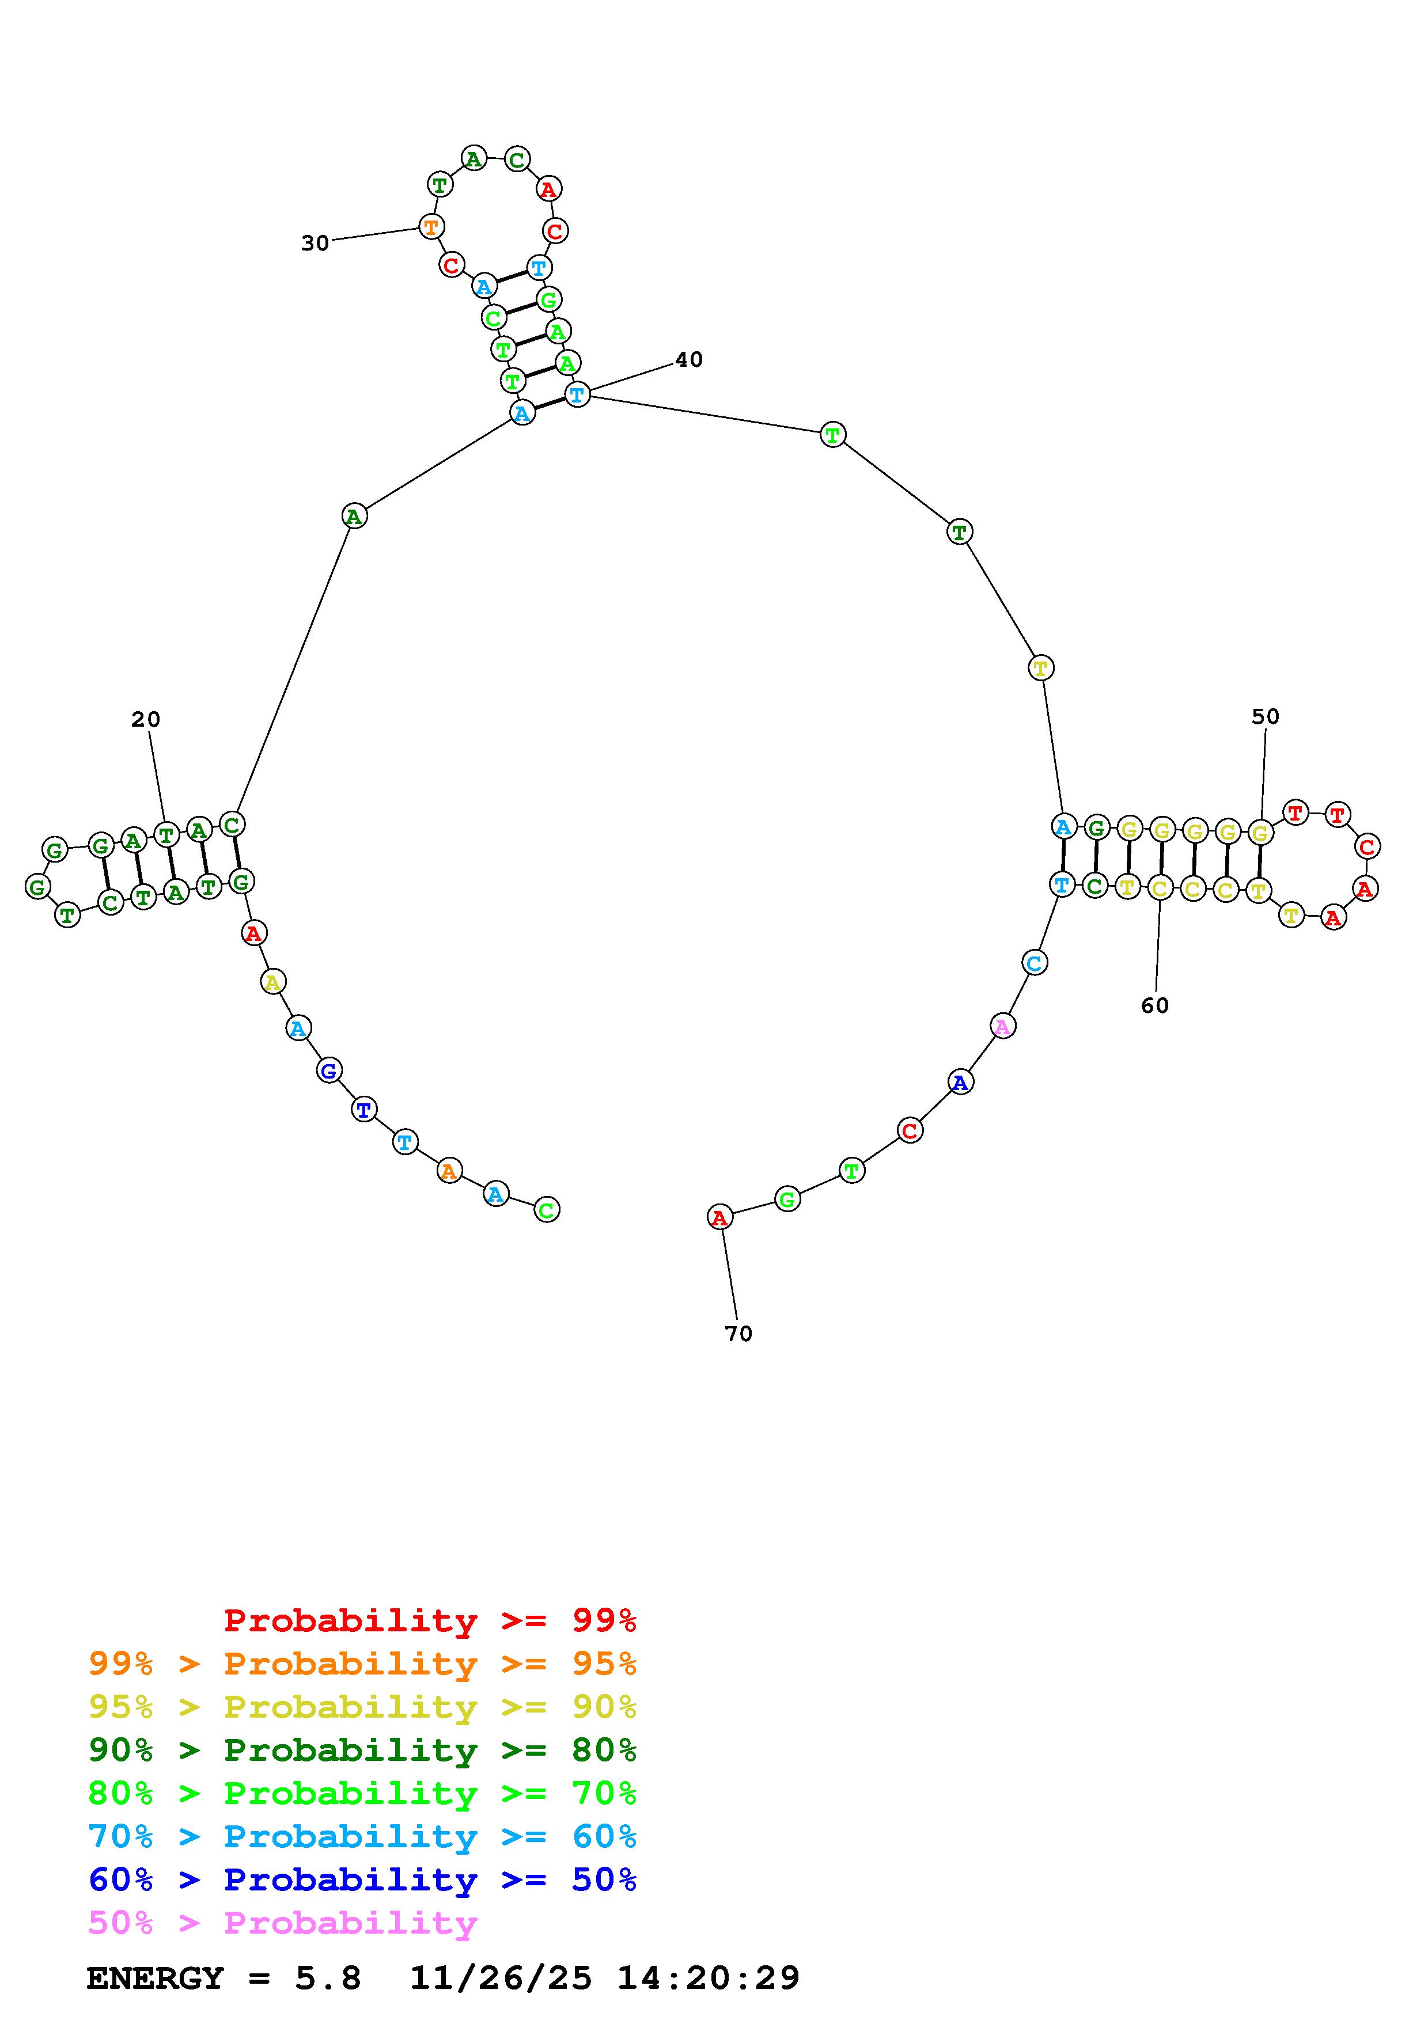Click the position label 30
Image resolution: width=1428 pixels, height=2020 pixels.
315,243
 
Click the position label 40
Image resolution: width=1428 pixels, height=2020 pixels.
689,359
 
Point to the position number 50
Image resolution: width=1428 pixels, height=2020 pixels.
1265,716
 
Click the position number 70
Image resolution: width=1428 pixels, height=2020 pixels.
739,1334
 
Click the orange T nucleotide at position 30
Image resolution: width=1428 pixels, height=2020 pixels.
430,227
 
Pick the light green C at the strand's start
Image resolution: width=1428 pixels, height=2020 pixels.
547,1210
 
